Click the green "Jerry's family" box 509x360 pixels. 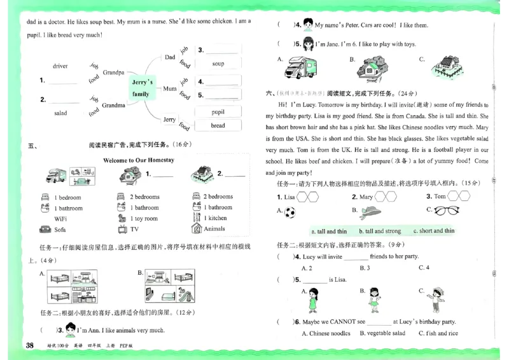click(x=141, y=88)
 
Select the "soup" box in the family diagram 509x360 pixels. click(x=218, y=64)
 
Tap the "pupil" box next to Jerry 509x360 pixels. click(x=218, y=113)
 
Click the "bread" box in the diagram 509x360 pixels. click(x=218, y=126)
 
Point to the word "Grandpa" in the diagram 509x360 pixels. click(x=113, y=73)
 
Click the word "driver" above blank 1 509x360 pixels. click(x=60, y=66)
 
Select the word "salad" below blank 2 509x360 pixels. click(x=60, y=113)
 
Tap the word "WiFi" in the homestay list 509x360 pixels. click(x=61, y=218)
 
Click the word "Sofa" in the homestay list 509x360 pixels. click(x=60, y=229)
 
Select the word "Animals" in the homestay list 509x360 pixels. click(x=214, y=229)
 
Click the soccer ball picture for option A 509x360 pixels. click(x=290, y=212)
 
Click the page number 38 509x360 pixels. click(x=29, y=345)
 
